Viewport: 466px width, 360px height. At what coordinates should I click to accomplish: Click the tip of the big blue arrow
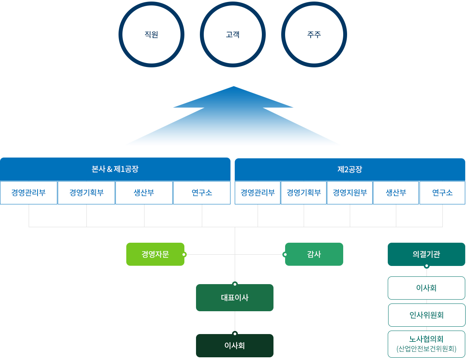[x=234, y=87]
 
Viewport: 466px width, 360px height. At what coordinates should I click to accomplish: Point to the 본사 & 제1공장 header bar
[x=115, y=169]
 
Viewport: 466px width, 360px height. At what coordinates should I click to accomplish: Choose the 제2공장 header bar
[x=350, y=170]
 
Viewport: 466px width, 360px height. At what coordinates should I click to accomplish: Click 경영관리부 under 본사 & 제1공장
[x=29, y=193]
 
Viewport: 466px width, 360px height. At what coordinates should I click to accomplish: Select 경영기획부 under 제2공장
[x=304, y=193]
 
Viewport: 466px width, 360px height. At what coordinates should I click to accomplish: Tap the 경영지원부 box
[x=350, y=193]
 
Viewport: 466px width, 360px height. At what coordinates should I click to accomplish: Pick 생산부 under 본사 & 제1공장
[x=144, y=193]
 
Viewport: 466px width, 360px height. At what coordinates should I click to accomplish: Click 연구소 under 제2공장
[x=442, y=193]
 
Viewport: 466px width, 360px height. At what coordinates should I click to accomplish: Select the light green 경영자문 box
[x=155, y=254]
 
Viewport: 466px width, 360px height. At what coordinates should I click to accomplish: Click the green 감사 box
[x=314, y=254]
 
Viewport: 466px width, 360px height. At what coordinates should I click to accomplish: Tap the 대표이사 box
[x=235, y=297]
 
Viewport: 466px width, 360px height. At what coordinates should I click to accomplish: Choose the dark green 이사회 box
[x=235, y=345]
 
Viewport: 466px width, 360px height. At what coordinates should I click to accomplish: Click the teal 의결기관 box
[x=426, y=254]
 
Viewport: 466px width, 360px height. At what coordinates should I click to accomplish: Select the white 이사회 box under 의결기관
[x=426, y=288]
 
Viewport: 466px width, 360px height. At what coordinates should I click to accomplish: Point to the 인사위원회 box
[x=426, y=315]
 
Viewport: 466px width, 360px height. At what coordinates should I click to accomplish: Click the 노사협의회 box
[x=426, y=344]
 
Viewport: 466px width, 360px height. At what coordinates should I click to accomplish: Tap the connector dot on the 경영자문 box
[x=184, y=255]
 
